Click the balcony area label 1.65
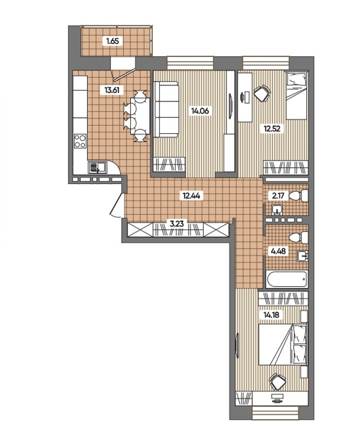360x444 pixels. pos(112,41)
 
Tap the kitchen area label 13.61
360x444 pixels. pos(112,90)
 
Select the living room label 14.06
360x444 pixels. pos(200,111)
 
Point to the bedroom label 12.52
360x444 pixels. pos(272,129)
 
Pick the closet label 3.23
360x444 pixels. pos(176,224)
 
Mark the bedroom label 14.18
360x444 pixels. pos(270,314)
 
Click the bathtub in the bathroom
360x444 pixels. pos(287,279)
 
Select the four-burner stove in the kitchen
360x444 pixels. pos(80,140)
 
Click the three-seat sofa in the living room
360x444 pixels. pos(166,109)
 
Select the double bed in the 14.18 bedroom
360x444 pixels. pos(283,344)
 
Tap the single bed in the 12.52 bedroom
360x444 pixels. pos(296,95)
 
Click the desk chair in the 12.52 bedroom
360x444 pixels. pos(262,93)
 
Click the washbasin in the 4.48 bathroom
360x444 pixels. pos(303,256)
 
